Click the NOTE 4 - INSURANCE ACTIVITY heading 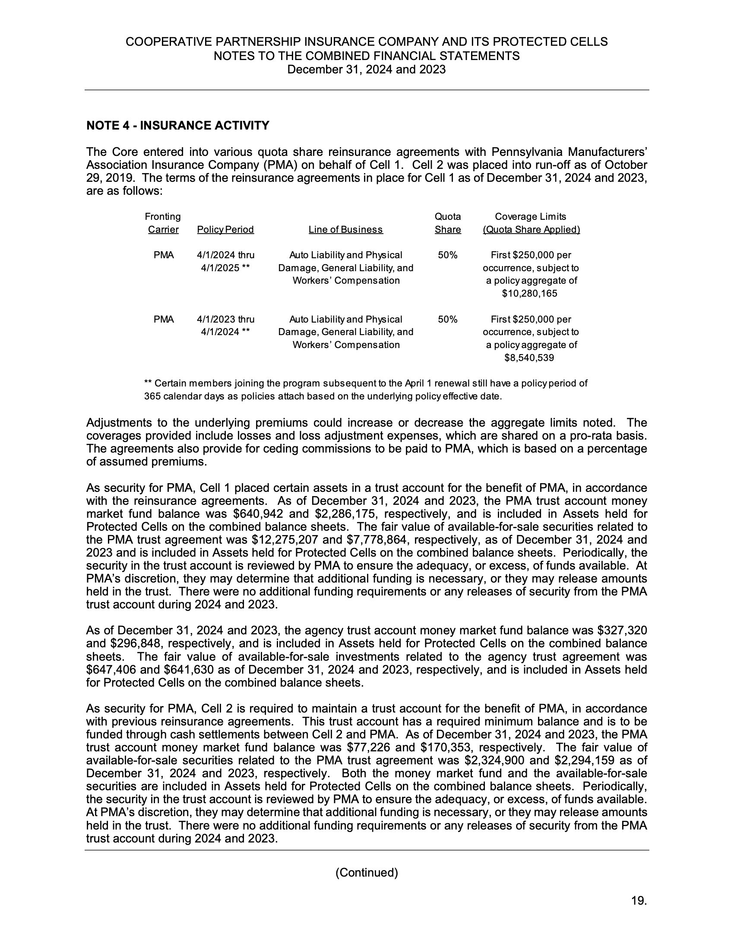(178, 126)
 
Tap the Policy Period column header (225, 230)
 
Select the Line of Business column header (346, 230)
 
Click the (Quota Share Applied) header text (532, 230)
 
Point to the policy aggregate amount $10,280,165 (530, 294)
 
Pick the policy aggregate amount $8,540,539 (529, 358)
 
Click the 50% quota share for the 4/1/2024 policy (447, 255)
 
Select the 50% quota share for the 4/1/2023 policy (447, 320)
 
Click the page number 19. (639, 901)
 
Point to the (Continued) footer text (367, 873)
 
